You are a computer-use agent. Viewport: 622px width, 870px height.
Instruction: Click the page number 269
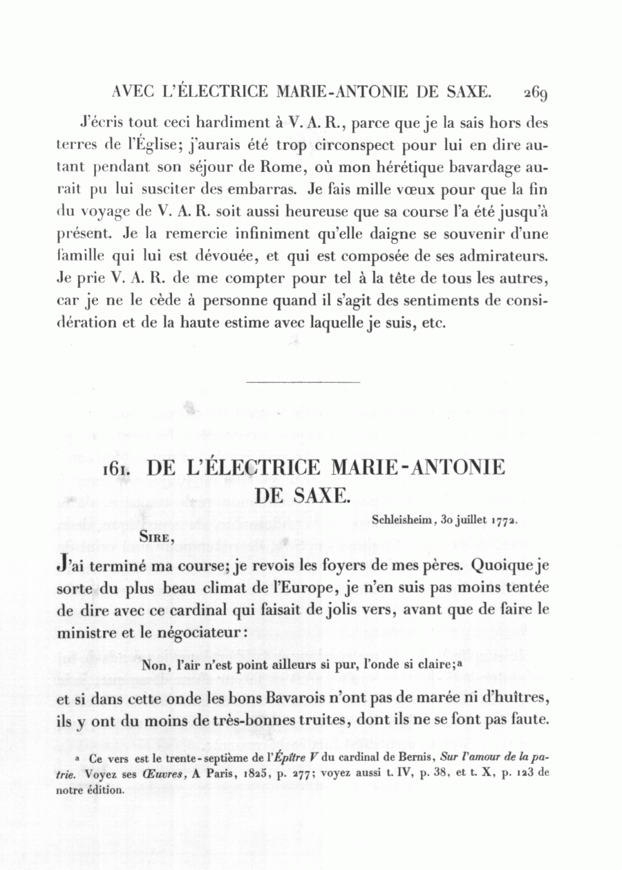(x=535, y=93)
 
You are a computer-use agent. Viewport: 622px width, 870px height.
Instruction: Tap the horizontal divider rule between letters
(x=303, y=381)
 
